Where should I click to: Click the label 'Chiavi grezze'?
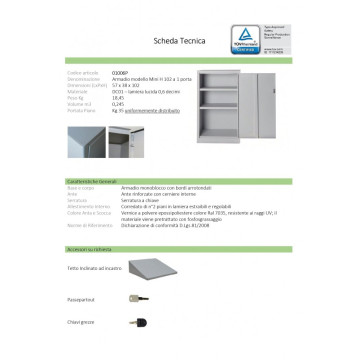click(53, 325)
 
